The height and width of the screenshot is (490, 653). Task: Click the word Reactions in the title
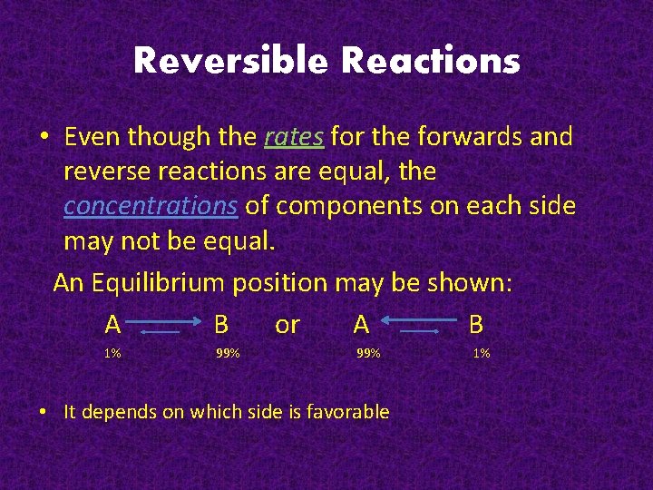[430, 62]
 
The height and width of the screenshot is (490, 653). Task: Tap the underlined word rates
[294, 137]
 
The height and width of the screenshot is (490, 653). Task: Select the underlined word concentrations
[151, 206]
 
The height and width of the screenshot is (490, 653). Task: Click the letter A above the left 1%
[112, 324]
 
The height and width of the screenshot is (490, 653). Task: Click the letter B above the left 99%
[220, 324]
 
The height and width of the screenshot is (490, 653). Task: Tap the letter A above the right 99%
[361, 324]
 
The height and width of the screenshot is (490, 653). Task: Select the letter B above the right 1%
[476, 324]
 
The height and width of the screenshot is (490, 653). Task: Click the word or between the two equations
[287, 324]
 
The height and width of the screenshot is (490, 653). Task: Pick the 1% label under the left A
[112, 353]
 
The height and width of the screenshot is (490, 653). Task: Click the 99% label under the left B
[228, 353]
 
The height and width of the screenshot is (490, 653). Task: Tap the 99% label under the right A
[367, 353]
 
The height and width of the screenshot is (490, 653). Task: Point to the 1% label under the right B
[481, 353]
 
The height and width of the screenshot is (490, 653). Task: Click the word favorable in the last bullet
[348, 412]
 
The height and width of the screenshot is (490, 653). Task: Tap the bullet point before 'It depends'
[44, 412]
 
